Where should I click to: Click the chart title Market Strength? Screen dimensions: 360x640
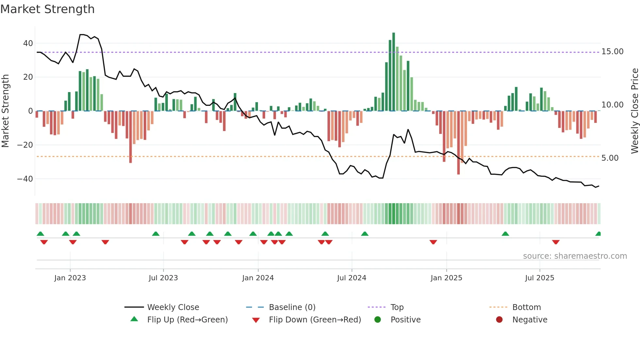point(47,9)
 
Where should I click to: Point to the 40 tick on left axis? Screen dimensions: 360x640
point(28,43)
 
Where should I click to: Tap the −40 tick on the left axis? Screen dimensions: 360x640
point(25,179)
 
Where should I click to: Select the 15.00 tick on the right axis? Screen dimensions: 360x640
point(612,52)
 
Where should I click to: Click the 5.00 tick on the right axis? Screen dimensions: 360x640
point(610,158)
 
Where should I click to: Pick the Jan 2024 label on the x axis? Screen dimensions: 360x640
point(258,278)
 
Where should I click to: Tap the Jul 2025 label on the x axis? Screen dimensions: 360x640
point(539,278)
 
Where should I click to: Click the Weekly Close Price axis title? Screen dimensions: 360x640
point(634,111)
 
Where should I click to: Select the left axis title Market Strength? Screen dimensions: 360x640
point(6,111)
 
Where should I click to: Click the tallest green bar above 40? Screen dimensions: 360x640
point(393,72)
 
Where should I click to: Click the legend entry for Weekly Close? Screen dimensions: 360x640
point(173,307)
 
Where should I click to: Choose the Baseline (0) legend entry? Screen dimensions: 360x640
point(292,307)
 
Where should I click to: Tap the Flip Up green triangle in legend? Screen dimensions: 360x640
point(134,319)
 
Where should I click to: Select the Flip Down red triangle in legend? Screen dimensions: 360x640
point(256,320)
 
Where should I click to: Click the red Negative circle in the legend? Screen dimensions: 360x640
point(499,320)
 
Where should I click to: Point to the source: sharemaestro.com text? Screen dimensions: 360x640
point(575,256)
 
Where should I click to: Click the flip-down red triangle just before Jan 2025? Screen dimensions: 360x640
point(433,242)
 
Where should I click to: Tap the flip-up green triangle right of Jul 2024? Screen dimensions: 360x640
point(365,234)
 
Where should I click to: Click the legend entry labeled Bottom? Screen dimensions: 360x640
point(526,307)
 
